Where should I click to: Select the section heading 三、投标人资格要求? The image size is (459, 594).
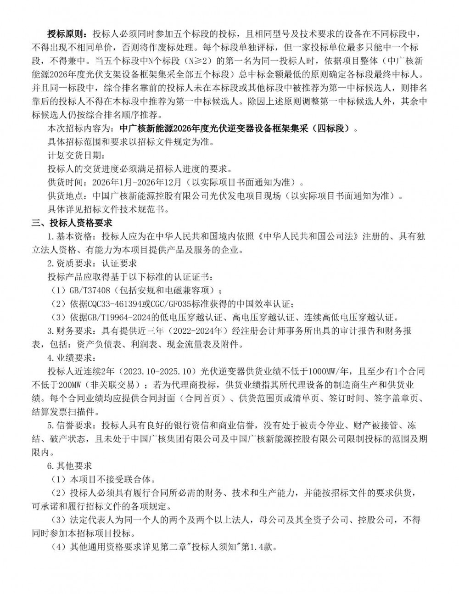pos(72,223)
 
